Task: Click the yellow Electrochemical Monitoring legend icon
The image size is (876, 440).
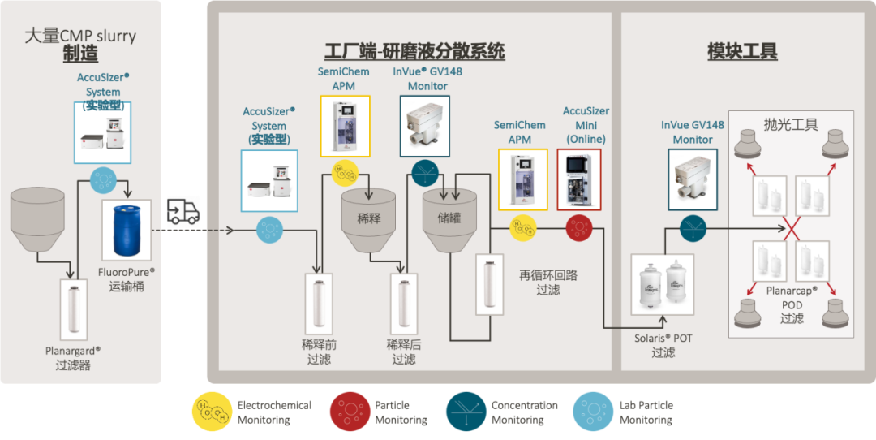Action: pyautogui.click(x=213, y=412)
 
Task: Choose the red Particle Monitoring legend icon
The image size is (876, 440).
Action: pyautogui.click(x=350, y=412)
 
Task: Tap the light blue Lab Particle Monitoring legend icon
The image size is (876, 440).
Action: pyautogui.click(x=595, y=412)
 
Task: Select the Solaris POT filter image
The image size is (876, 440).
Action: pyautogui.click(x=664, y=285)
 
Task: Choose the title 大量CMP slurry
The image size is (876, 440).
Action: pyautogui.click(x=80, y=36)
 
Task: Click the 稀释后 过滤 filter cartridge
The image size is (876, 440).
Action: pyautogui.click(x=403, y=302)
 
